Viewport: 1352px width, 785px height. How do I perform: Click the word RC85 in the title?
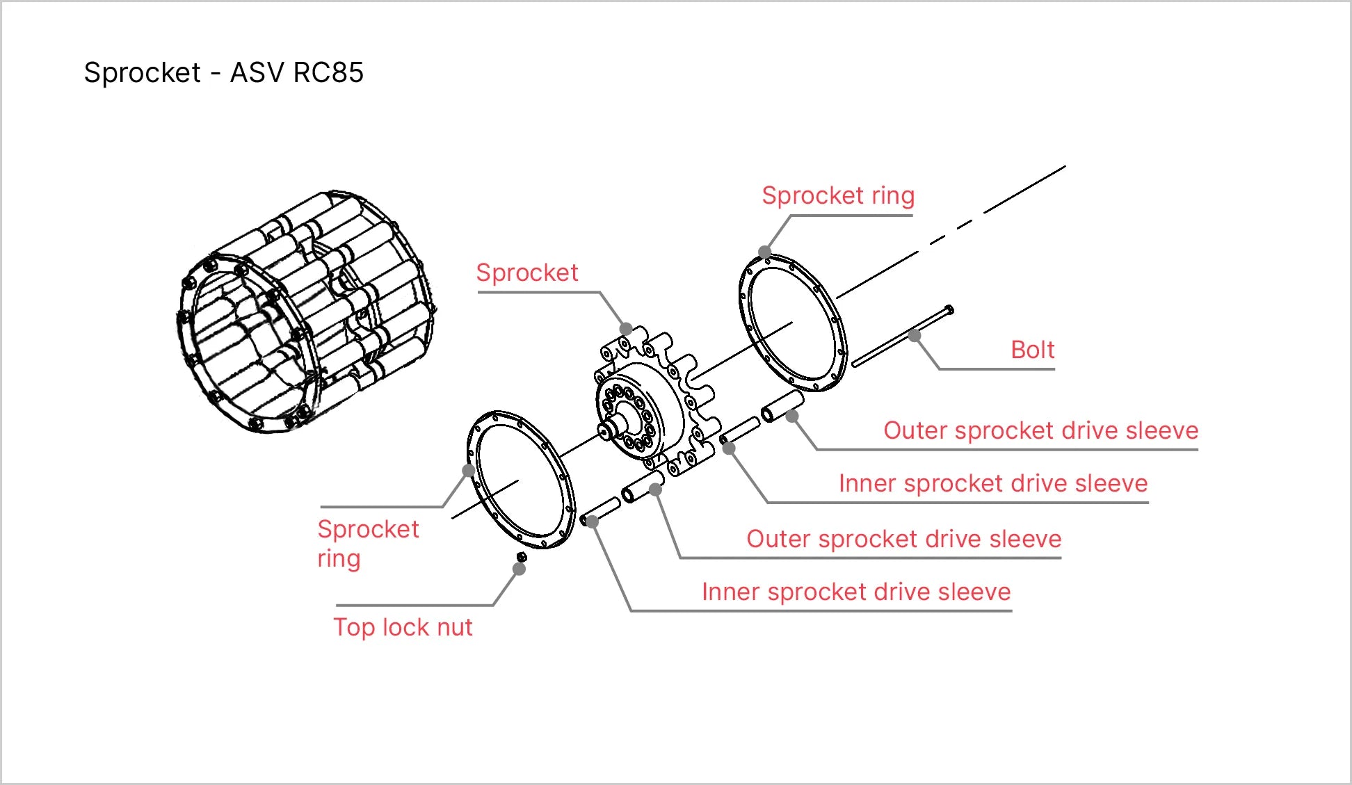[328, 72]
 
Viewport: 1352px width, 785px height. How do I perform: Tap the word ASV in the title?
[257, 72]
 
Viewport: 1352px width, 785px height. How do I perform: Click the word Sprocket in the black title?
[142, 72]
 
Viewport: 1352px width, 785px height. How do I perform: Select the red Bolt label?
[1032, 349]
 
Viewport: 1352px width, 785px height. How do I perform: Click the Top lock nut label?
[403, 627]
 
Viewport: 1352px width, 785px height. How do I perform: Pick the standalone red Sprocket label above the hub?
[526, 273]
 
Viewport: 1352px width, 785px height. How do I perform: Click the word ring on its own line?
[339, 558]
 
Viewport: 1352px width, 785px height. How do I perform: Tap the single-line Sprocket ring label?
[837, 195]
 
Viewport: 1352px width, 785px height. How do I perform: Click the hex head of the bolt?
[949, 310]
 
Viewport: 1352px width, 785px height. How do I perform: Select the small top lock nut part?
[522, 556]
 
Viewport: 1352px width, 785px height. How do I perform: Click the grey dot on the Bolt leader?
[915, 336]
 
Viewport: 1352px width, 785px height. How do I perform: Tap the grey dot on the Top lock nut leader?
[519, 569]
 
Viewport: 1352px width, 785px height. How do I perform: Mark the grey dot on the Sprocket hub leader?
[626, 329]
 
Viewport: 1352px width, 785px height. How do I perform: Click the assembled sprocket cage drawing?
[306, 313]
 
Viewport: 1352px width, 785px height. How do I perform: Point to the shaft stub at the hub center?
[612, 426]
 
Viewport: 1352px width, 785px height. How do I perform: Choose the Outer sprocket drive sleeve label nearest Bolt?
[1040, 430]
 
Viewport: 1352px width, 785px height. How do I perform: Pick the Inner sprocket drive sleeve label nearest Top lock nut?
[855, 592]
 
